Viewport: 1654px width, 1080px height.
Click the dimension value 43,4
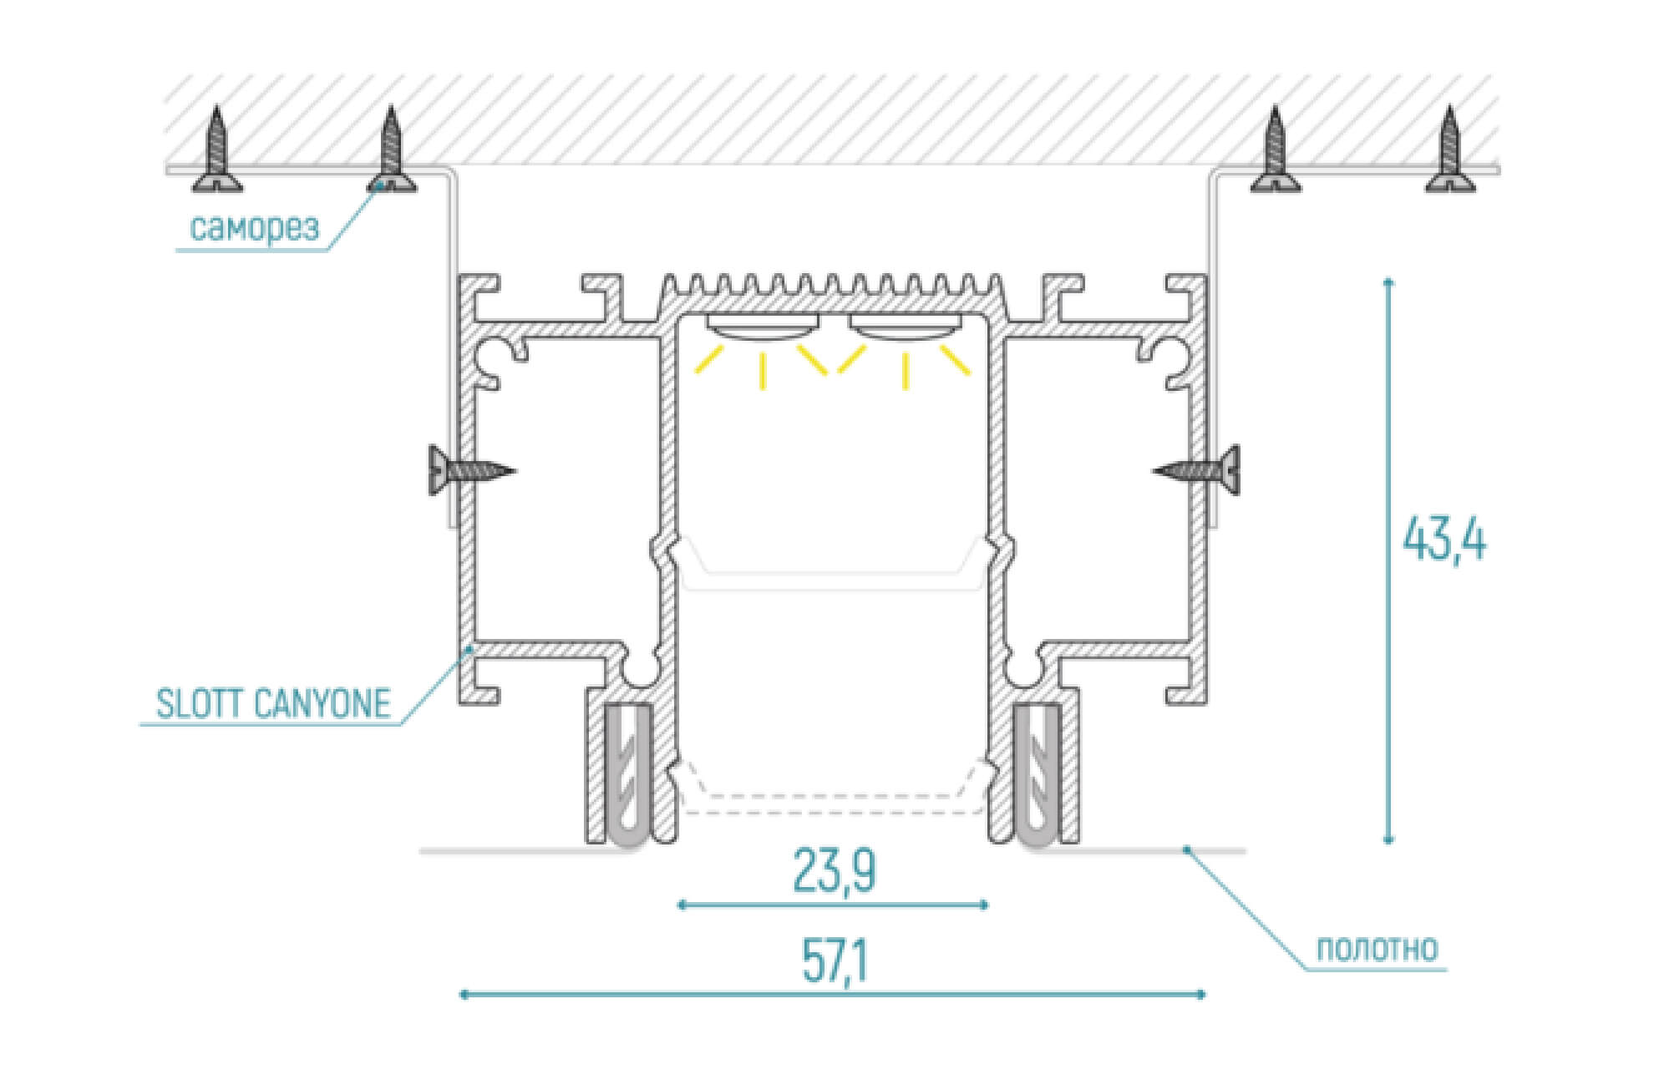(x=1444, y=540)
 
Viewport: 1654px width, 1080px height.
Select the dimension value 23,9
(x=834, y=870)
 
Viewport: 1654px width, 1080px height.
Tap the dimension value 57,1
(x=835, y=961)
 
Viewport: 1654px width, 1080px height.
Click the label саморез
(x=255, y=226)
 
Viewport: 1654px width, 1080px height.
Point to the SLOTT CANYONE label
(x=273, y=704)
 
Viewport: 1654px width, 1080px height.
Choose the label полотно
(x=1377, y=950)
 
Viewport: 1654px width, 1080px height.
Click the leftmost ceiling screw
(x=217, y=150)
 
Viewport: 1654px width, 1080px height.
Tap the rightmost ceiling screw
(x=1449, y=150)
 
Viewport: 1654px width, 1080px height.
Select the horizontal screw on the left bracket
(x=470, y=470)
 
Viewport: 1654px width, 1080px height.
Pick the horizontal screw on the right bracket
(x=1197, y=470)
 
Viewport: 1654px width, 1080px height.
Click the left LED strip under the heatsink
(x=762, y=327)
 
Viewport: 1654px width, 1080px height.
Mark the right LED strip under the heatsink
(x=905, y=327)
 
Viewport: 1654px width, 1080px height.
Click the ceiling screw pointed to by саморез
(x=391, y=150)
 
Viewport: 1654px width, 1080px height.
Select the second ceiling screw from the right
(x=1275, y=150)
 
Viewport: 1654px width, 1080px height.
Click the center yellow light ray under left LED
(x=763, y=371)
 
